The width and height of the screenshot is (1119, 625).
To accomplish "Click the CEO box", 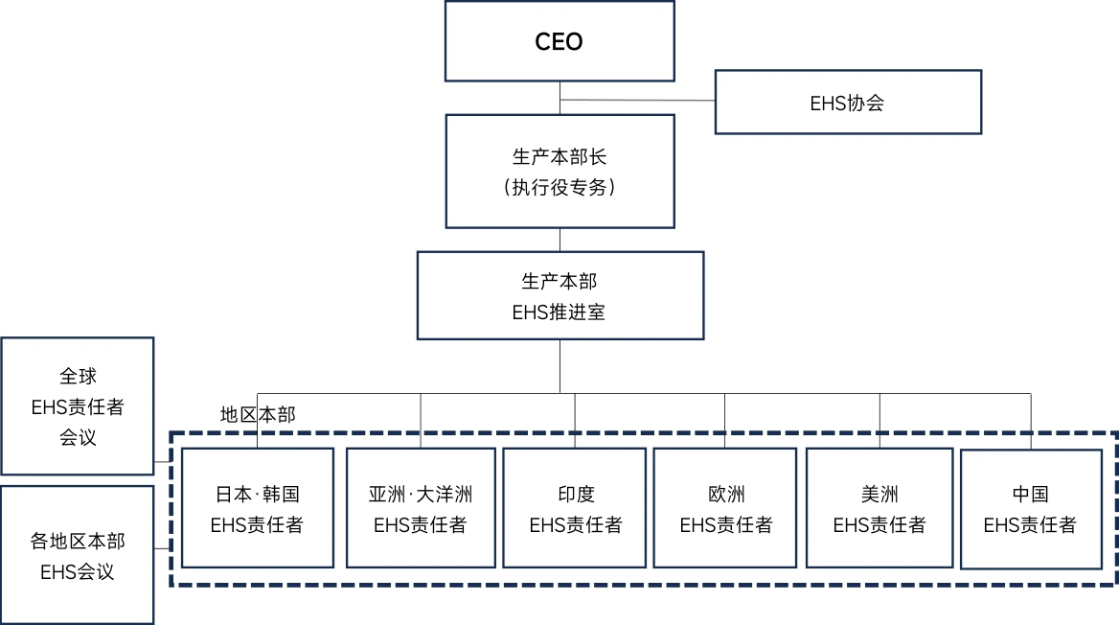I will pyautogui.click(x=559, y=41).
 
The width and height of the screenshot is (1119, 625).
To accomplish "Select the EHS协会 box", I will pyautogui.click(x=848, y=102).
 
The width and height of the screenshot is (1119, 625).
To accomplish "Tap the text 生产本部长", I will pyautogui.click(x=559, y=157).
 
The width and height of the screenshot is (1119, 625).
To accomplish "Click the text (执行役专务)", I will pyautogui.click(x=559, y=188).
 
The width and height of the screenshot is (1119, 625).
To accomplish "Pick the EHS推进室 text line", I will pyautogui.click(x=559, y=312).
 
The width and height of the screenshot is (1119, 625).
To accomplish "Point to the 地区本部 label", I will pyautogui.click(x=258, y=415).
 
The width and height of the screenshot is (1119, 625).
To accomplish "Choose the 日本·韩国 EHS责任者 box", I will pyautogui.click(x=257, y=508).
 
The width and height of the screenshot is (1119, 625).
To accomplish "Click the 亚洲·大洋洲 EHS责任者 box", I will pyautogui.click(x=420, y=508).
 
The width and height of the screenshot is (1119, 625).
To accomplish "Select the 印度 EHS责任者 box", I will pyautogui.click(x=575, y=508).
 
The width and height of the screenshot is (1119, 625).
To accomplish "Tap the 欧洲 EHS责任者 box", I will pyautogui.click(x=725, y=508).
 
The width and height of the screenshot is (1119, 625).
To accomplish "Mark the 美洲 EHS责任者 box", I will pyautogui.click(x=879, y=508).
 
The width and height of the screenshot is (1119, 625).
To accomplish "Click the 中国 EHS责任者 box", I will pyautogui.click(x=1030, y=508).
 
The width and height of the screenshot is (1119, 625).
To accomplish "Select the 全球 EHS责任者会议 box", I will pyautogui.click(x=78, y=406).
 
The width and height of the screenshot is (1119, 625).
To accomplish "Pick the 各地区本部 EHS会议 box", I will pyautogui.click(x=78, y=556).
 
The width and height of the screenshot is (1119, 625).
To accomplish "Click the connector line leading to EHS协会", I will pyautogui.click(x=638, y=100).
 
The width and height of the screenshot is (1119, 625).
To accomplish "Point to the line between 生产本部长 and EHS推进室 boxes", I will pyautogui.click(x=559, y=240).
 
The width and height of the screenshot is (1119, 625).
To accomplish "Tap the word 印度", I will pyautogui.click(x=575, y=495).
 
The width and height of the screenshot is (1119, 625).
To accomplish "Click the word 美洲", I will pyautogui.click(x=879, y=495).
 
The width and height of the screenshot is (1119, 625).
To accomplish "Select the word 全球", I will pyautogui.click(x=78, y=377).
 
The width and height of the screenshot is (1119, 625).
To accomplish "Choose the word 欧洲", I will pyautogui.click(x=725, y=495).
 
